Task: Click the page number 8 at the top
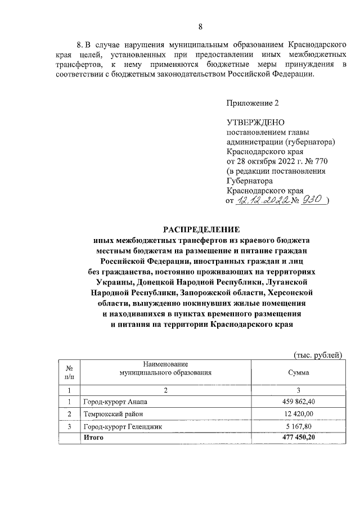201,26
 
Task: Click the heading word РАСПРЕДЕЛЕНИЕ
201,229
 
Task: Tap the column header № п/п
69,372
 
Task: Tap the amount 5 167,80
299,427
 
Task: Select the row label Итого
93,437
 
